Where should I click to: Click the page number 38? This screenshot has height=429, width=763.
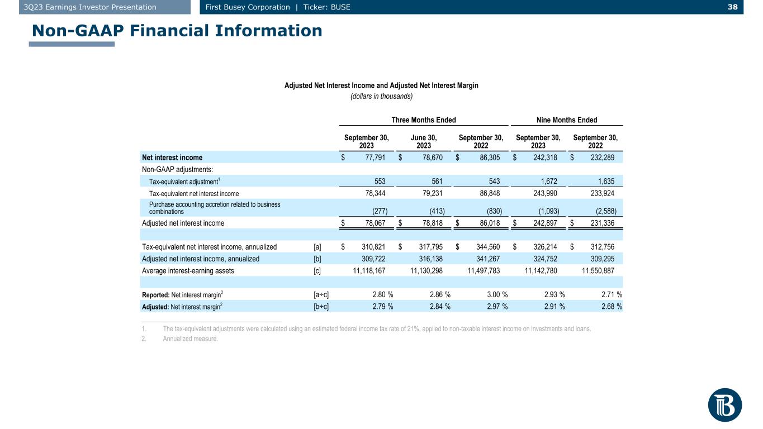click(x=732, y=7)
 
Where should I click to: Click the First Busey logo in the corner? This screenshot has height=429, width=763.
click(x=725, y=405)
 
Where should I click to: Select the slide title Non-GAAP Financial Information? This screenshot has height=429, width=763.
click(x=177, y=31)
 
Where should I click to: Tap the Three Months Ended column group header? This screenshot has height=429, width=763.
click(x=423, y=120)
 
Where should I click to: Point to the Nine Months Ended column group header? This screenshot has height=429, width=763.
click(x=567, y=120)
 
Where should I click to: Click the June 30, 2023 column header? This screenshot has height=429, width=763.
click(x=424, y=142)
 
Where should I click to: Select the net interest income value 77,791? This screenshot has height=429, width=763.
click(x=375, y=158)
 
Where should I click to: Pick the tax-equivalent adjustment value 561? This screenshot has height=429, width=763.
click(x=437, y=181)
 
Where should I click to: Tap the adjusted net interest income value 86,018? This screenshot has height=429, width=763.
click(x=490, y=223)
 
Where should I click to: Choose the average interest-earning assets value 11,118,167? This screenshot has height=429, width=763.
click(x=369, y=271)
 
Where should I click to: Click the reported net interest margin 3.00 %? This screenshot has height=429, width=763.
click(x=497, y=294)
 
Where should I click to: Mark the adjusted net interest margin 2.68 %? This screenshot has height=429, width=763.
click(x=612, y=307)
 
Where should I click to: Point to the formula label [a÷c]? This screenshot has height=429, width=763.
click(x=321, y=294)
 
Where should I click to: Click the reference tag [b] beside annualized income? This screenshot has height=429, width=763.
click(x=317, y=259)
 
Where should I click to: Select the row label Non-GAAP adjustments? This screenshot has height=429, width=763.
click(x=177, y=169)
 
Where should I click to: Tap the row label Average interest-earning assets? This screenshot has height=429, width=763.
click(x=188, y=271)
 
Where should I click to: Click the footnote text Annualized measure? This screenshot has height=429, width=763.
click(x=190, y=339)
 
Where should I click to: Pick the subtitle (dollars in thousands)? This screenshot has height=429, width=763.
click(x=381, y=96)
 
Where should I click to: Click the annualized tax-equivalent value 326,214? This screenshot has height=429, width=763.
click(x=545, y=247)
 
